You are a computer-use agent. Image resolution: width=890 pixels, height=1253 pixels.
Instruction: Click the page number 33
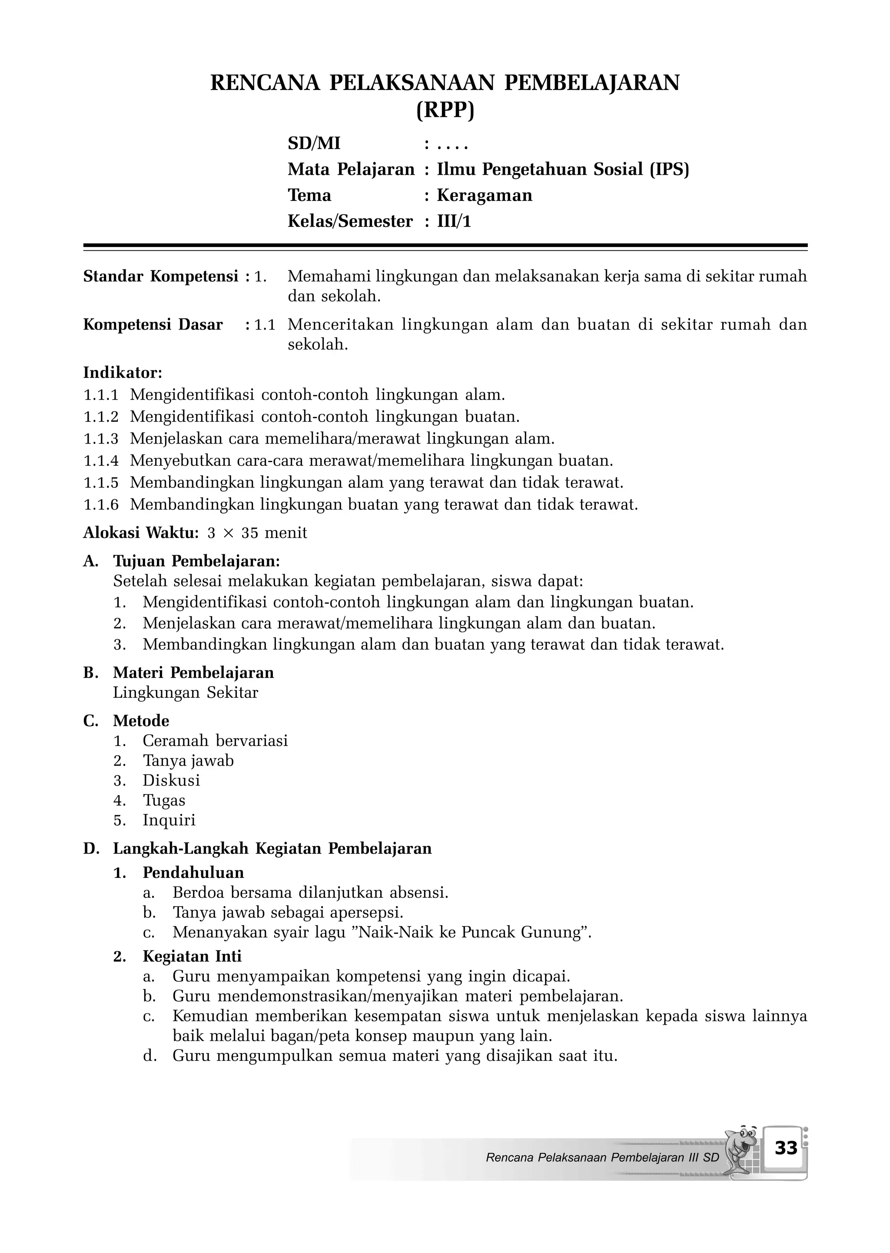(x=786, y=1147)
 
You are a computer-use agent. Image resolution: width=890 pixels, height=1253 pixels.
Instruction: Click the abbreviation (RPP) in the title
(x=445, y=111)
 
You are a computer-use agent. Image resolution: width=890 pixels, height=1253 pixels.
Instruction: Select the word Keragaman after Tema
(x=485, y=196)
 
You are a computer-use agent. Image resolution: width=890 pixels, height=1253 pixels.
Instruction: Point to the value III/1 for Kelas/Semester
(x=454, y=221)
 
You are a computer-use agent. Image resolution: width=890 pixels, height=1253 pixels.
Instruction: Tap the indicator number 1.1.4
(x=101, y=460)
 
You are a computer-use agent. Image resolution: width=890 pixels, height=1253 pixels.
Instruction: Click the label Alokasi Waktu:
(x=141, y=533)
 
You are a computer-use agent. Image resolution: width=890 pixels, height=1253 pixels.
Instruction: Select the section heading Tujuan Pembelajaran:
(x=196, y=561)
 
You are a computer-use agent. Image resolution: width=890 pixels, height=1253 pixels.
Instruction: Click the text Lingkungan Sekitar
(x=185, y=693)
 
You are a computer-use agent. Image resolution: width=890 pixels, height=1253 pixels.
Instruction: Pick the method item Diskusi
(x=172, y=780)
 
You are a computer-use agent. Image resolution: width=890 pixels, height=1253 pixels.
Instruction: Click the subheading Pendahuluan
(x=193, y=873)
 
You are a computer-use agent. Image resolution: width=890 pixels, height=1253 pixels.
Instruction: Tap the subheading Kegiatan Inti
(x=192, y=956)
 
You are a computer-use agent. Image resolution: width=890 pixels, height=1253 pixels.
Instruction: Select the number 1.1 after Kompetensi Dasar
(x=265, y=325)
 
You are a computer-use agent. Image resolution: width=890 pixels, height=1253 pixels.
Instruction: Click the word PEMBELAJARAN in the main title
(x=591, y=83)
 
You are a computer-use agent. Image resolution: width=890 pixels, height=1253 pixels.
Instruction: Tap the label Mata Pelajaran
(x=351, y=170)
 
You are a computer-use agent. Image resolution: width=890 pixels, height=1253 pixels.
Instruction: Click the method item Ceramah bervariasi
(x=215, y=741)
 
